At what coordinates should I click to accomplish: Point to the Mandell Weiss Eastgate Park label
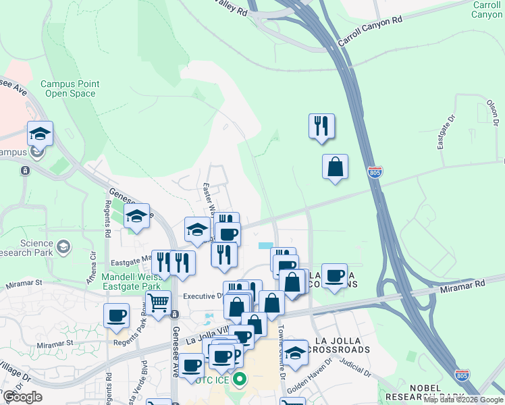pyautogui.click(x=132, y=281)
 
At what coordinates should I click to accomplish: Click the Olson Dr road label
pyautogui.click(x=493, y=113)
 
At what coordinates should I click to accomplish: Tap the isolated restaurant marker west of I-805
pyautogui.click(x=322, y=125)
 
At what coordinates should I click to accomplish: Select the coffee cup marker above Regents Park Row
pyautogui.click(x=117, y=315)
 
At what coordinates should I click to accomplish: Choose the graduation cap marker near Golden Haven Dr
pyautogui.click(x=294, y=352)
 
